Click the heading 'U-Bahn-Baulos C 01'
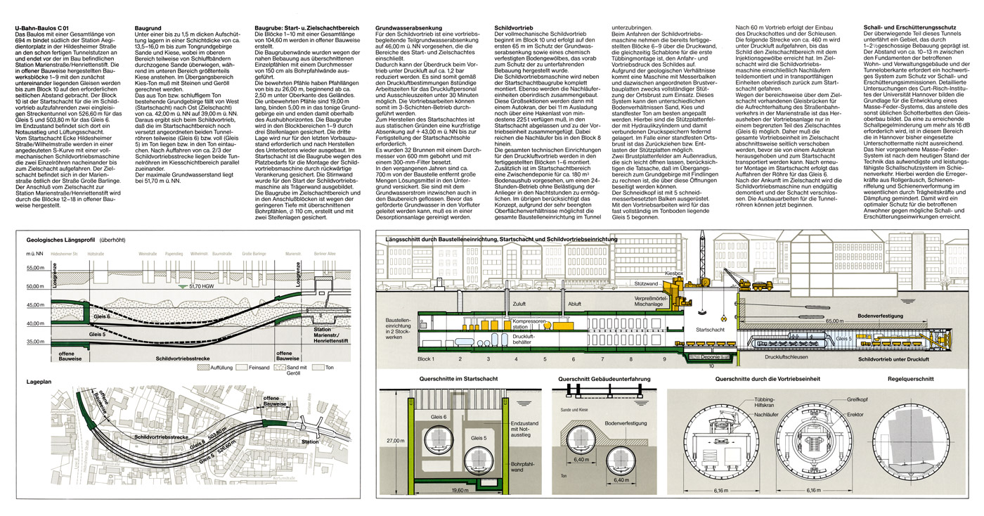(x=41, y=27)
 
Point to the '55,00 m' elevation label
(x=35, y=269)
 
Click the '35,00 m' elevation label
(x=35, y=342)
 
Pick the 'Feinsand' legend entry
(x=264, y=368)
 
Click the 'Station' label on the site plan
(x=310, y=442)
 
